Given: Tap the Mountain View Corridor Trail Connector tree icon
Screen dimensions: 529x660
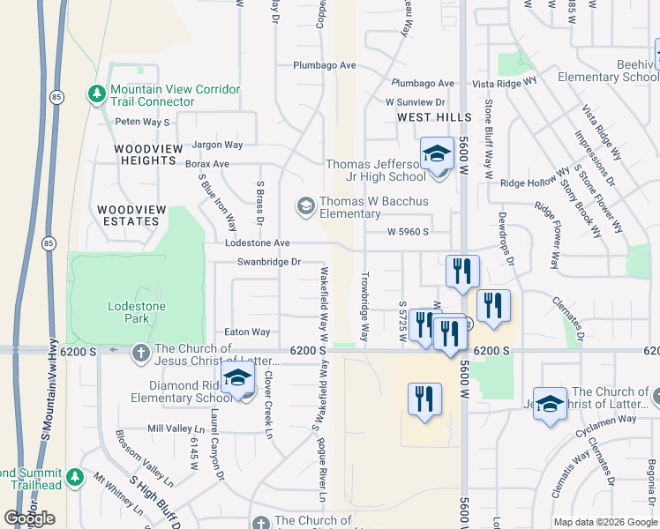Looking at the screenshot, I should click(x=95, y=93).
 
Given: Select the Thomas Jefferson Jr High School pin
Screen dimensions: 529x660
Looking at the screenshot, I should click(x=437, y=155).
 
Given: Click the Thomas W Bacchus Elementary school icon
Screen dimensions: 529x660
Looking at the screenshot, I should click(x=305, y=206).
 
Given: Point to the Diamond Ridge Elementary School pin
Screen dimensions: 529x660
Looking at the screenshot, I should click(x=237, y=381).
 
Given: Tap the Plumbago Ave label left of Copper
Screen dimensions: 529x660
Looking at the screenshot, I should click(x=325, y=65).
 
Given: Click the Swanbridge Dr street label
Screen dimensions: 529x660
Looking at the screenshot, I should click(x=269, y=262).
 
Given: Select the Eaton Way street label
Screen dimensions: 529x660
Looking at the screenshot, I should click(x=247, y=332).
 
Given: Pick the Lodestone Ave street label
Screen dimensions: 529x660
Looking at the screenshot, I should click(x=258, y=242).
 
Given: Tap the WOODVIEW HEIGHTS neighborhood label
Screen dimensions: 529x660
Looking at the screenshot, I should click(x=146, y=154).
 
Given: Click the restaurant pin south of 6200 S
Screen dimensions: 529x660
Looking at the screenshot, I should click(x=424, y=399).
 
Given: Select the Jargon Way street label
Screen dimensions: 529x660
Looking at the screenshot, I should click(x=216, y=145).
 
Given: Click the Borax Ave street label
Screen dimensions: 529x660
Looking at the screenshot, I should click(x=207, y=164).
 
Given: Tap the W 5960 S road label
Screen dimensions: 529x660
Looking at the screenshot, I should click(x=408, y=232).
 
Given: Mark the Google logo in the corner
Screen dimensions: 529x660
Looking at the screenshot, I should click(x=29, y=518).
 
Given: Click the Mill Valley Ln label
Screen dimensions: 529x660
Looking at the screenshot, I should click(x=176, y=428).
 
